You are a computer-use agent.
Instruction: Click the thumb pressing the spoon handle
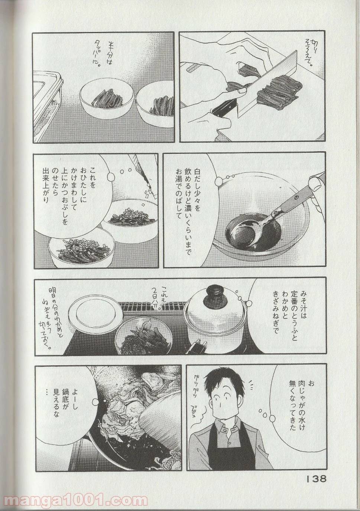point(316,182)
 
